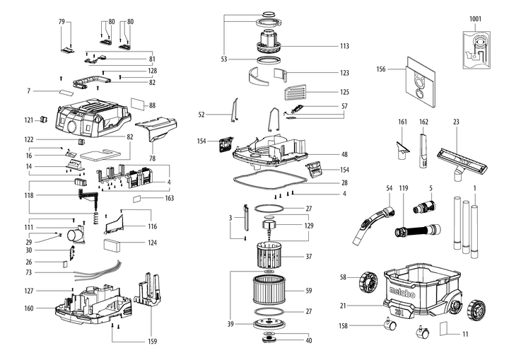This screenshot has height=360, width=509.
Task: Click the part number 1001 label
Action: (475, 19)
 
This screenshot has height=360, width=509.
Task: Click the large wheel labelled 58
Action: (368, 281)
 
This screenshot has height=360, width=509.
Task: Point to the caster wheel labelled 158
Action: (390, 324)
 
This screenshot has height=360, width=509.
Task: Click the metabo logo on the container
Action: (402, 292)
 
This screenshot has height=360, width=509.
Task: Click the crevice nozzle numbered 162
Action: (424, 149)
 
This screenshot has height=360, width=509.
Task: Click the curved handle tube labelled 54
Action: (373, 225)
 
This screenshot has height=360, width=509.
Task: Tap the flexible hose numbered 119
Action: (418, 230)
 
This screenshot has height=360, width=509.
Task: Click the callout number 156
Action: (381, 69)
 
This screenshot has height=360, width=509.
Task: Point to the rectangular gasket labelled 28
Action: (270, 180)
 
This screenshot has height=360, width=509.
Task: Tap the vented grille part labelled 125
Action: (295, 92)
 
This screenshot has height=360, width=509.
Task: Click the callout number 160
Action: (29, 308)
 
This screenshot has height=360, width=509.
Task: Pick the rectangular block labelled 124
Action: (112, 245)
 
